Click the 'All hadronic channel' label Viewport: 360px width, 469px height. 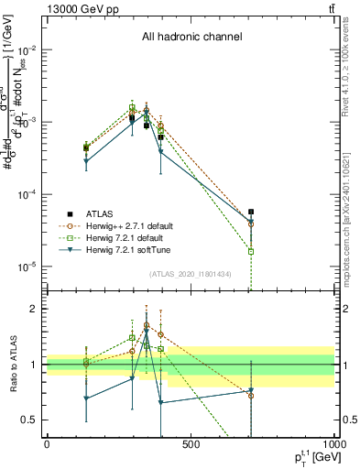(x=191, y=38)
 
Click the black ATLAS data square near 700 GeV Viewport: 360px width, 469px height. (x=251, y=212)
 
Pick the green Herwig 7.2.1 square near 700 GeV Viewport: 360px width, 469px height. (x=251, y=251)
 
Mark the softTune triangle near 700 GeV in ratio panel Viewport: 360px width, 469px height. (x=251, y=391)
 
